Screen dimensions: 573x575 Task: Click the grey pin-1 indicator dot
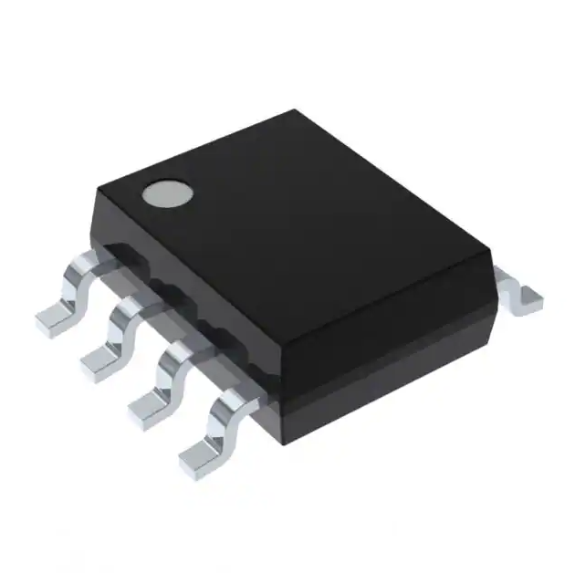pos(167,193)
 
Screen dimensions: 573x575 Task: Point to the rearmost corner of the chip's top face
pos(295,111)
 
